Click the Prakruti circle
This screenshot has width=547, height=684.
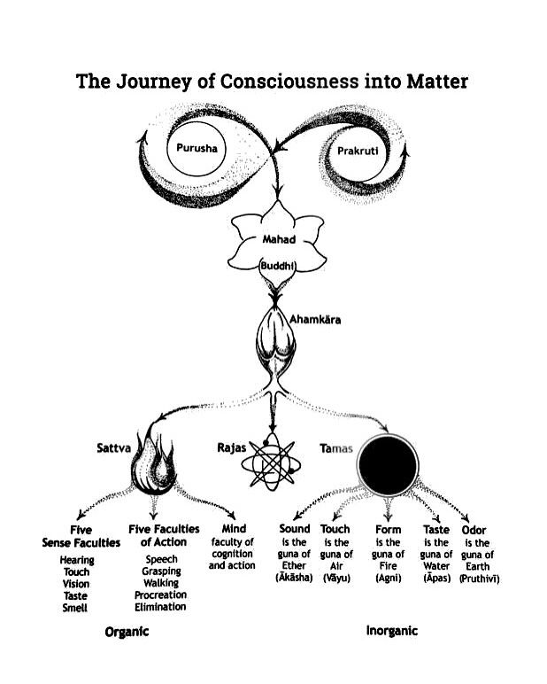pyautogui.click(x=358, y=152)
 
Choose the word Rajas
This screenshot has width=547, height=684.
pyautogui.click(x=231, y=448)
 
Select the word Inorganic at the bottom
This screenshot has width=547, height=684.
pyautogui.click(x=392, y=631)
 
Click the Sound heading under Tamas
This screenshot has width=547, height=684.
pyautogui.click(x=295, y=529)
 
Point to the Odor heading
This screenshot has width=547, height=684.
pyautogui.click(x=474, y=529)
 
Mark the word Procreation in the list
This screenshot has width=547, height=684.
pyautogui.click(x=160, y=595)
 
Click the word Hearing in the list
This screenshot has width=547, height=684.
pyautogui.click(x=77, y=560)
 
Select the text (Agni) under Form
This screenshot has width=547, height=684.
pyautogui.click(x=386, y=578)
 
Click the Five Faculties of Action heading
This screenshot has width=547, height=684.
pyautogui.click(x=164, y=535)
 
